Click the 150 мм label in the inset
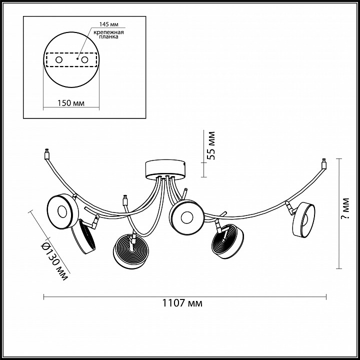[x=70, y=103]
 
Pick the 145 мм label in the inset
[x=107, y=23]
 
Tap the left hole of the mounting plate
[x=59, y=60]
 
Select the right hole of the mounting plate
[x=85, y=60]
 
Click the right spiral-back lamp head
[x=228, y=243]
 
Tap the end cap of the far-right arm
[x=324, y=163]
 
